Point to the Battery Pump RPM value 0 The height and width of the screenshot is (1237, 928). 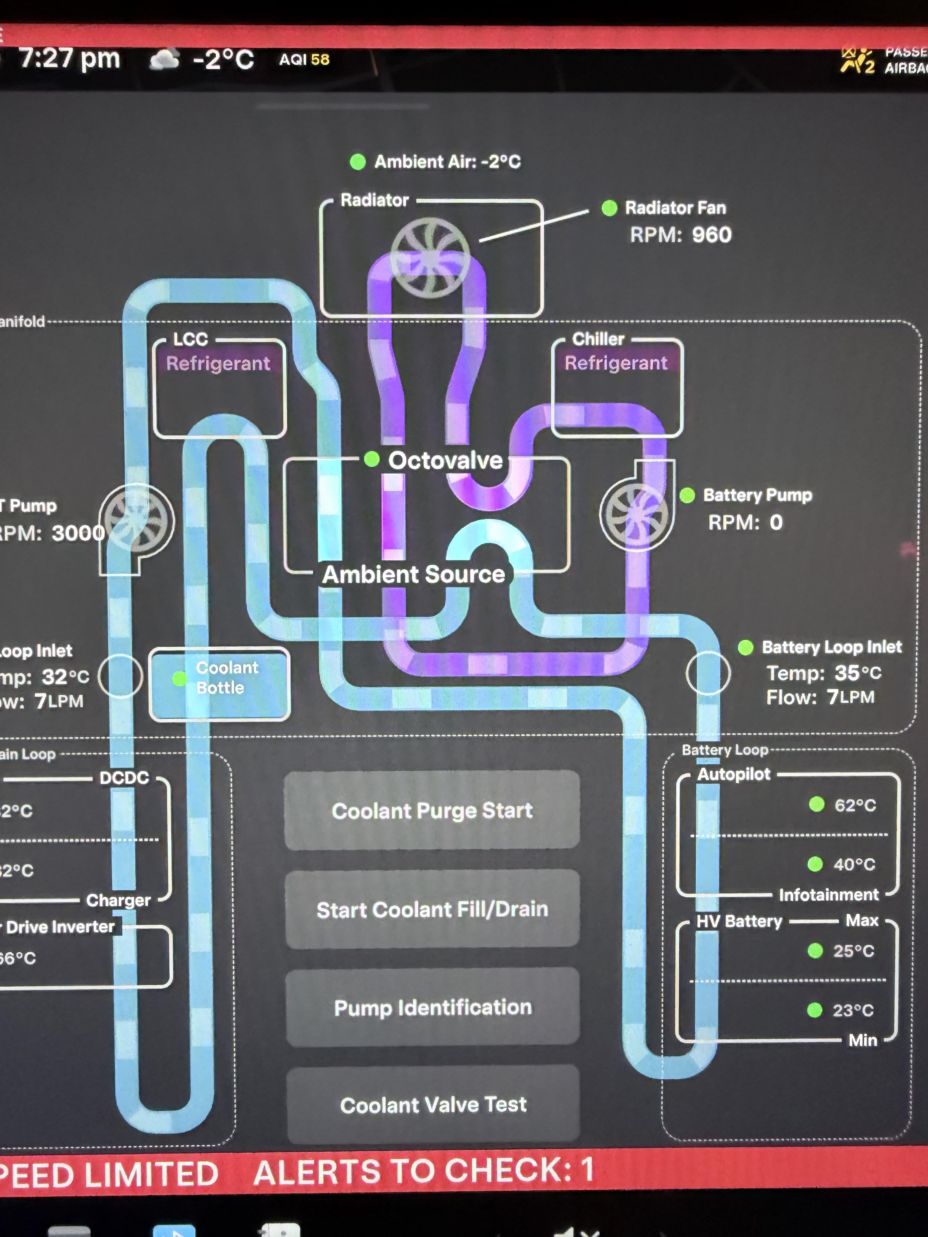776,522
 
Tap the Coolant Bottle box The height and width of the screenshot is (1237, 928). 220,683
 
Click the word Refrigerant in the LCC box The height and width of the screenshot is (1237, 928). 218,364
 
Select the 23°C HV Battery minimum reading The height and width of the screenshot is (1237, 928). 853,1010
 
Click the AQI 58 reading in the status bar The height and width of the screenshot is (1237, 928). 304,59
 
